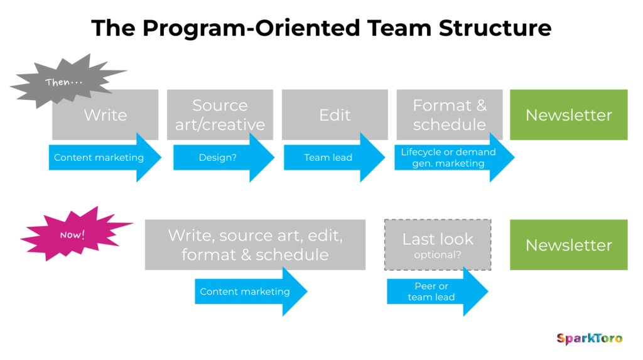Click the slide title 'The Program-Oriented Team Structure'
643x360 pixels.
321,28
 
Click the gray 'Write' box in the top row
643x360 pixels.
105,114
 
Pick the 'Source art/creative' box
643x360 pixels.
220,114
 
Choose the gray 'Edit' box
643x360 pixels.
335,114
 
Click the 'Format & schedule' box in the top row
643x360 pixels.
450,114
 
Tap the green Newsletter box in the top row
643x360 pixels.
568,114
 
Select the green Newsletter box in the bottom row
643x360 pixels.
568,244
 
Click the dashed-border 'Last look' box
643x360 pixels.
438,244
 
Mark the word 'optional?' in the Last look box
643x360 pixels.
438,255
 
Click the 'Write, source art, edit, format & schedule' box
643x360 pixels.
255,244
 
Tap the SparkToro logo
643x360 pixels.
589,339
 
